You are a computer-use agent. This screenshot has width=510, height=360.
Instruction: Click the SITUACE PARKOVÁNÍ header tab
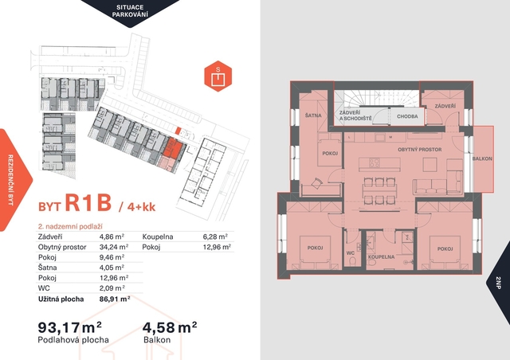(130, 11)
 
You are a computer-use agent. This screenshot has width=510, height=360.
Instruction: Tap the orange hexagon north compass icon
(218, 76)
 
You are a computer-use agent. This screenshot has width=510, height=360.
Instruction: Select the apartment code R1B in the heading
(88, 203)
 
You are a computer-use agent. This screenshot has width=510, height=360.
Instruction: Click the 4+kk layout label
(141, 207)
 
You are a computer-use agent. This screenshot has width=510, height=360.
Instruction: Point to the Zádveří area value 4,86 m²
(112, 237)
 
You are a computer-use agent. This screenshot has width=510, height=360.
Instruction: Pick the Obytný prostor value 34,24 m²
(114, 247)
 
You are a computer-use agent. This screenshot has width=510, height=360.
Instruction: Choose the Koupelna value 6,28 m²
(215, 237)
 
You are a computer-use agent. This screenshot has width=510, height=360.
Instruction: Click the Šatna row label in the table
(48, 268)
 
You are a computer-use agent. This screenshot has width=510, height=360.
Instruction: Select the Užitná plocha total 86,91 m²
(115, 299)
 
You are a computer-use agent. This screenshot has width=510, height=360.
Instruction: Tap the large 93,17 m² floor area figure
(70, 327)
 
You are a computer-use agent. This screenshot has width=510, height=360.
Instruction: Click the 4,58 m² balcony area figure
(170, 327)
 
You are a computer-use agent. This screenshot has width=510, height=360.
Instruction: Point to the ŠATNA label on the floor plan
(313, 115)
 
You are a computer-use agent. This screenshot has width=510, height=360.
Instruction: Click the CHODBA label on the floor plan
(407, 116)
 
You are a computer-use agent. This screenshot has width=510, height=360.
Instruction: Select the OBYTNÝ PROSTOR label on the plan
(420, 150)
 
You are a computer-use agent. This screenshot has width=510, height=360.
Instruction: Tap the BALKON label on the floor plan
(482, 158)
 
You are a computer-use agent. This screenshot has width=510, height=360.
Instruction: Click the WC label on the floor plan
(351, 253)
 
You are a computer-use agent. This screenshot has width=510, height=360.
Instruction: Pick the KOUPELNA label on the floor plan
(381, 257)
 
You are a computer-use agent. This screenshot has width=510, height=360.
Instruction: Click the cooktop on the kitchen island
(374, 162)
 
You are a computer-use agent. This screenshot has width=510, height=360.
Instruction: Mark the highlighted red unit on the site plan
(172, 147)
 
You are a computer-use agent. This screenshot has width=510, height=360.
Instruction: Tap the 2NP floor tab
(499, 282)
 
